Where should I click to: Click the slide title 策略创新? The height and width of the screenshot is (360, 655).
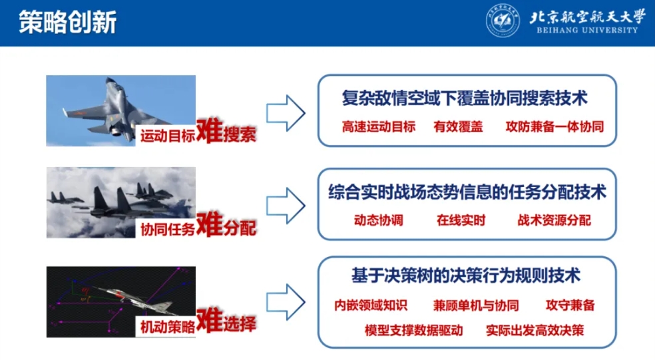tap(68, 22)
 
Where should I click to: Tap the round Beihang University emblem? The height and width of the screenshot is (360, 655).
tap(503, 21)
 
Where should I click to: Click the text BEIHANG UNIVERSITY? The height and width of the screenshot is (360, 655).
tap(587, 30)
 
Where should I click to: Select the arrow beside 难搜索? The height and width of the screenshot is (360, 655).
tap(286, 113)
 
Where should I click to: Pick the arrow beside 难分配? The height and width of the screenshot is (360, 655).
tap(286, 206)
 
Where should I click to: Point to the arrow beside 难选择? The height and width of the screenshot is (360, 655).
tap(286, 302)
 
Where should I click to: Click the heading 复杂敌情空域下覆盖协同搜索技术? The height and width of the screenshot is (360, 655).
tap(465, 98)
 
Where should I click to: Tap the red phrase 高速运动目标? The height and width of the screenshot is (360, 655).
tap(379, 126)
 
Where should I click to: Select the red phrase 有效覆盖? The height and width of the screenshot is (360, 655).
tap(458, 126)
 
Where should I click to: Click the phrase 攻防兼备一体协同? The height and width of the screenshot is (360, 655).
tap(554, 126)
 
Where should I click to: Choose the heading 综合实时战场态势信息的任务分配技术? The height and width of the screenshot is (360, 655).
tap(467, 192)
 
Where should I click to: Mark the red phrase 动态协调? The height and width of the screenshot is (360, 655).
tap(379, 220)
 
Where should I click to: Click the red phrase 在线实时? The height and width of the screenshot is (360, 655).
tap(461, 220)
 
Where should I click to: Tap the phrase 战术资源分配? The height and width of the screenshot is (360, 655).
tap(554, 220)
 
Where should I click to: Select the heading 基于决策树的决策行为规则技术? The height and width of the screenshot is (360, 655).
tap(466, 275)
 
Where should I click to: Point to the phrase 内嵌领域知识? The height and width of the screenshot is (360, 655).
tap(371, 305)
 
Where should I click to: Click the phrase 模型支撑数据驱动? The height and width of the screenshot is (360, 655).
tap(413, 331)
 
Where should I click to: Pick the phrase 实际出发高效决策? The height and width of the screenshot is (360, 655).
tap(535, 331)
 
